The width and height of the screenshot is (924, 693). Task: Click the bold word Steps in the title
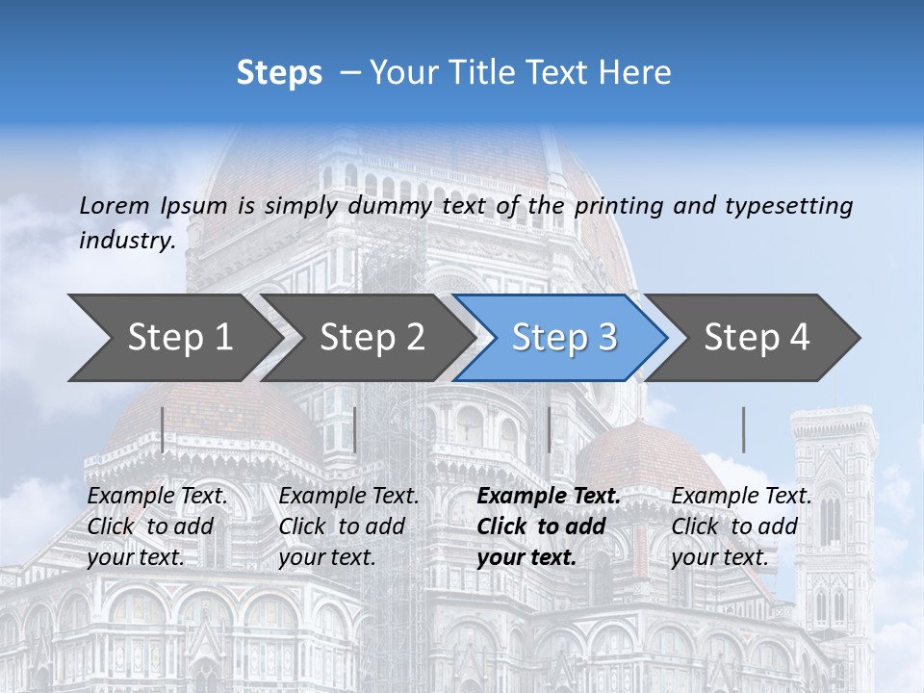click(279, 73)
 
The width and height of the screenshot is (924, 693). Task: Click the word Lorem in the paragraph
click(114, 205)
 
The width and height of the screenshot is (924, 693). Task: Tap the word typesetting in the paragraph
click(788, 205)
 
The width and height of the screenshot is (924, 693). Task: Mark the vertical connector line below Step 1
click(163, 429)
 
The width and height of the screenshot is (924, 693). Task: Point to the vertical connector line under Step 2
click(355, 429)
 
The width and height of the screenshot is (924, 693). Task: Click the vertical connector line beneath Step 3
click(549, 429)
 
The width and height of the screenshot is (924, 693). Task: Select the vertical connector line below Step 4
click(743, 429)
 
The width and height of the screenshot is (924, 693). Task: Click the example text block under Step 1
click(157, 526)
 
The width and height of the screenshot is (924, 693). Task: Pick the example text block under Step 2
click(348, 526)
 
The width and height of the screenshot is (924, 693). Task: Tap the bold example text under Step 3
click(549, 526)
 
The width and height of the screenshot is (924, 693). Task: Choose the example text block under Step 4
click(741, 526)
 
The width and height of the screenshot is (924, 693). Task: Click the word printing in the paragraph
click(621, 205)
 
